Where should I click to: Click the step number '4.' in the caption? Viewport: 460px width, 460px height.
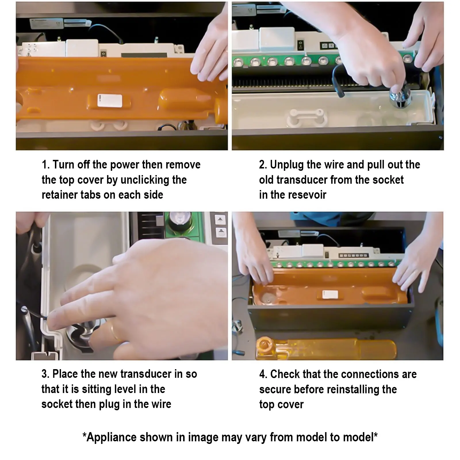[263, 374]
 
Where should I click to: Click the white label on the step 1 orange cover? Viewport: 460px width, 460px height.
[110, 100]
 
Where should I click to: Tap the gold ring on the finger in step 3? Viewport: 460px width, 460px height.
[115, 331]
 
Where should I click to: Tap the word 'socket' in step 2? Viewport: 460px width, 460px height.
[388, 180]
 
